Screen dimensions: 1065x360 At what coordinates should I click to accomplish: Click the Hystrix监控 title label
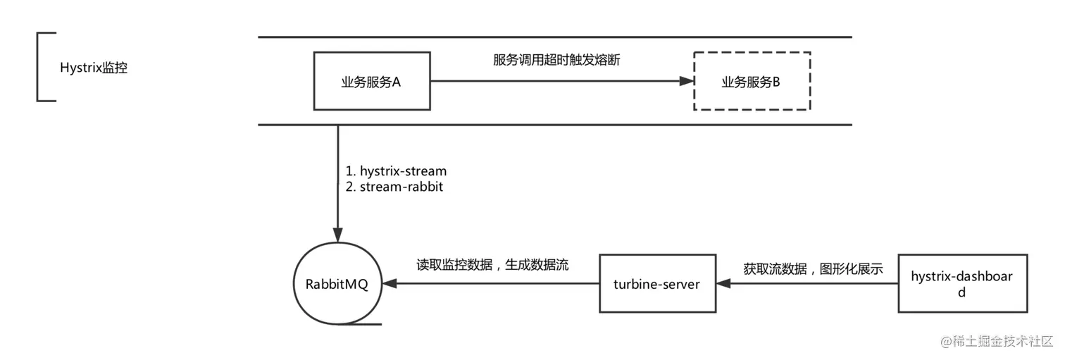click(x=94, y=68)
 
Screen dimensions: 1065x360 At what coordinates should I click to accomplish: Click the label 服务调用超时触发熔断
click(x=556, y=60)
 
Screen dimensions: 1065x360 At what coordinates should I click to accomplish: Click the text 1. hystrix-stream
click(x=396, y=170)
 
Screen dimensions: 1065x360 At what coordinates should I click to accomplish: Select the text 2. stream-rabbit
click(x=394, y=187)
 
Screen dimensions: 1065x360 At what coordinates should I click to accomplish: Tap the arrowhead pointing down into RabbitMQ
click(x=338, y=235)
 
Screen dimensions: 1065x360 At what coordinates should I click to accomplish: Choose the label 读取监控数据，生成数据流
click(x=492, y=265)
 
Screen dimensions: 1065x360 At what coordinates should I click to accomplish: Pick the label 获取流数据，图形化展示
click(x=813, y=269)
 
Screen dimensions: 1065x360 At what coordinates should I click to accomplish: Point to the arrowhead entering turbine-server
click(x=723, y=283)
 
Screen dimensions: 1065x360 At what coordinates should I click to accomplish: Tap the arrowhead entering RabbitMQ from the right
click(x=390, y=283)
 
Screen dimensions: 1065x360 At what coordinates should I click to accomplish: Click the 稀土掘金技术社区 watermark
click(x=997, y=341)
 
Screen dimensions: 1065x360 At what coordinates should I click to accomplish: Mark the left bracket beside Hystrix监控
click(x=37, y=67)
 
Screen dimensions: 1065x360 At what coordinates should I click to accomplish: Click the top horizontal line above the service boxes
click(x=555, y=37)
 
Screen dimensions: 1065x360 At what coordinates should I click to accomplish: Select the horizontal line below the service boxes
click(x=555, y=125)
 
